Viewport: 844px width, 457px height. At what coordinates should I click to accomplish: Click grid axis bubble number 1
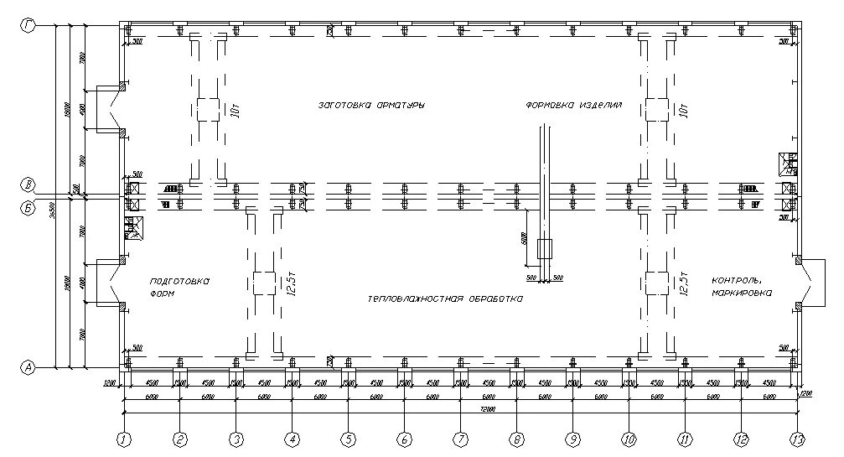(124, 438)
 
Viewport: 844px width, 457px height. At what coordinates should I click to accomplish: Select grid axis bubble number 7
(460, 438)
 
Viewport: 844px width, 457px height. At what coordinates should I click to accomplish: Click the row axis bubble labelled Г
(29, 27)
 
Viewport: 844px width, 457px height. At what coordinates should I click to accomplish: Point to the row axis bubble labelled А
(29, 367)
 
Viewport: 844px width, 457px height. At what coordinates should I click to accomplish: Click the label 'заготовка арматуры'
(370, 106)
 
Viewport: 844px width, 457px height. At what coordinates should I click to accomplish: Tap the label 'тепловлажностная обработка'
(445, 299)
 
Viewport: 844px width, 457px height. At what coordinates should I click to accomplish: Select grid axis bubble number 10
(629, 438)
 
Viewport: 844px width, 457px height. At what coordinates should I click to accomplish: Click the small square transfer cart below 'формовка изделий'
(545, 249)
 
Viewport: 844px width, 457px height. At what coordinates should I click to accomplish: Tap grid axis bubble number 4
(292, 438)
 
